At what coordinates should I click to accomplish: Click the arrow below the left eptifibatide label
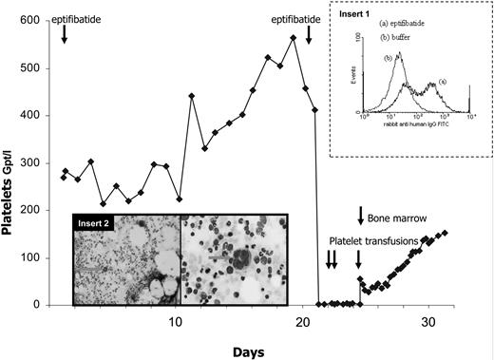(x=64, y=34)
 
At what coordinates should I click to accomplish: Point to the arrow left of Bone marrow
(x=361, y=216)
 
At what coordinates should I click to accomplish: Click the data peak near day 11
(x=192, y=96)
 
